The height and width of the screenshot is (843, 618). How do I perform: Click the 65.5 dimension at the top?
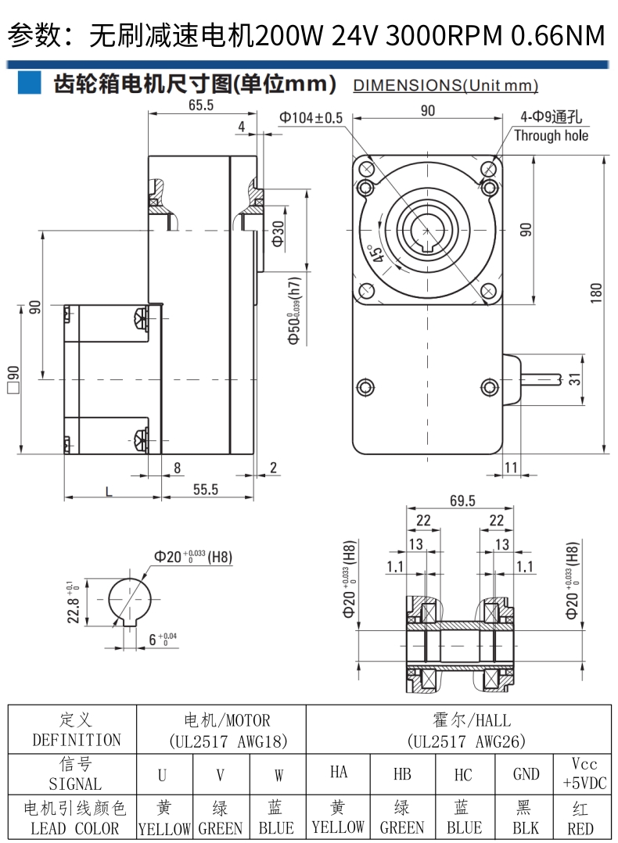[201, 106]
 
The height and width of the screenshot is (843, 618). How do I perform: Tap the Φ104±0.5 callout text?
[311, 118]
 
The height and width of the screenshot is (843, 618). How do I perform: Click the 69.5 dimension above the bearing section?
[462, 501]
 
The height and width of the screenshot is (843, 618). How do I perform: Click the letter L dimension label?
[107, 490]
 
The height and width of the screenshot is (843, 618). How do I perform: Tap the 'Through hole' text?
[551, 135]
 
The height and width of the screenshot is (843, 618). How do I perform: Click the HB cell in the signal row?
[402, 773]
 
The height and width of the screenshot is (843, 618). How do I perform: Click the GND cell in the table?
[526, 773]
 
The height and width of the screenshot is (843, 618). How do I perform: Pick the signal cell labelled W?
[278, 775]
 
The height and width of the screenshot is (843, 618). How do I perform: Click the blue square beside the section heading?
[29, 83]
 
